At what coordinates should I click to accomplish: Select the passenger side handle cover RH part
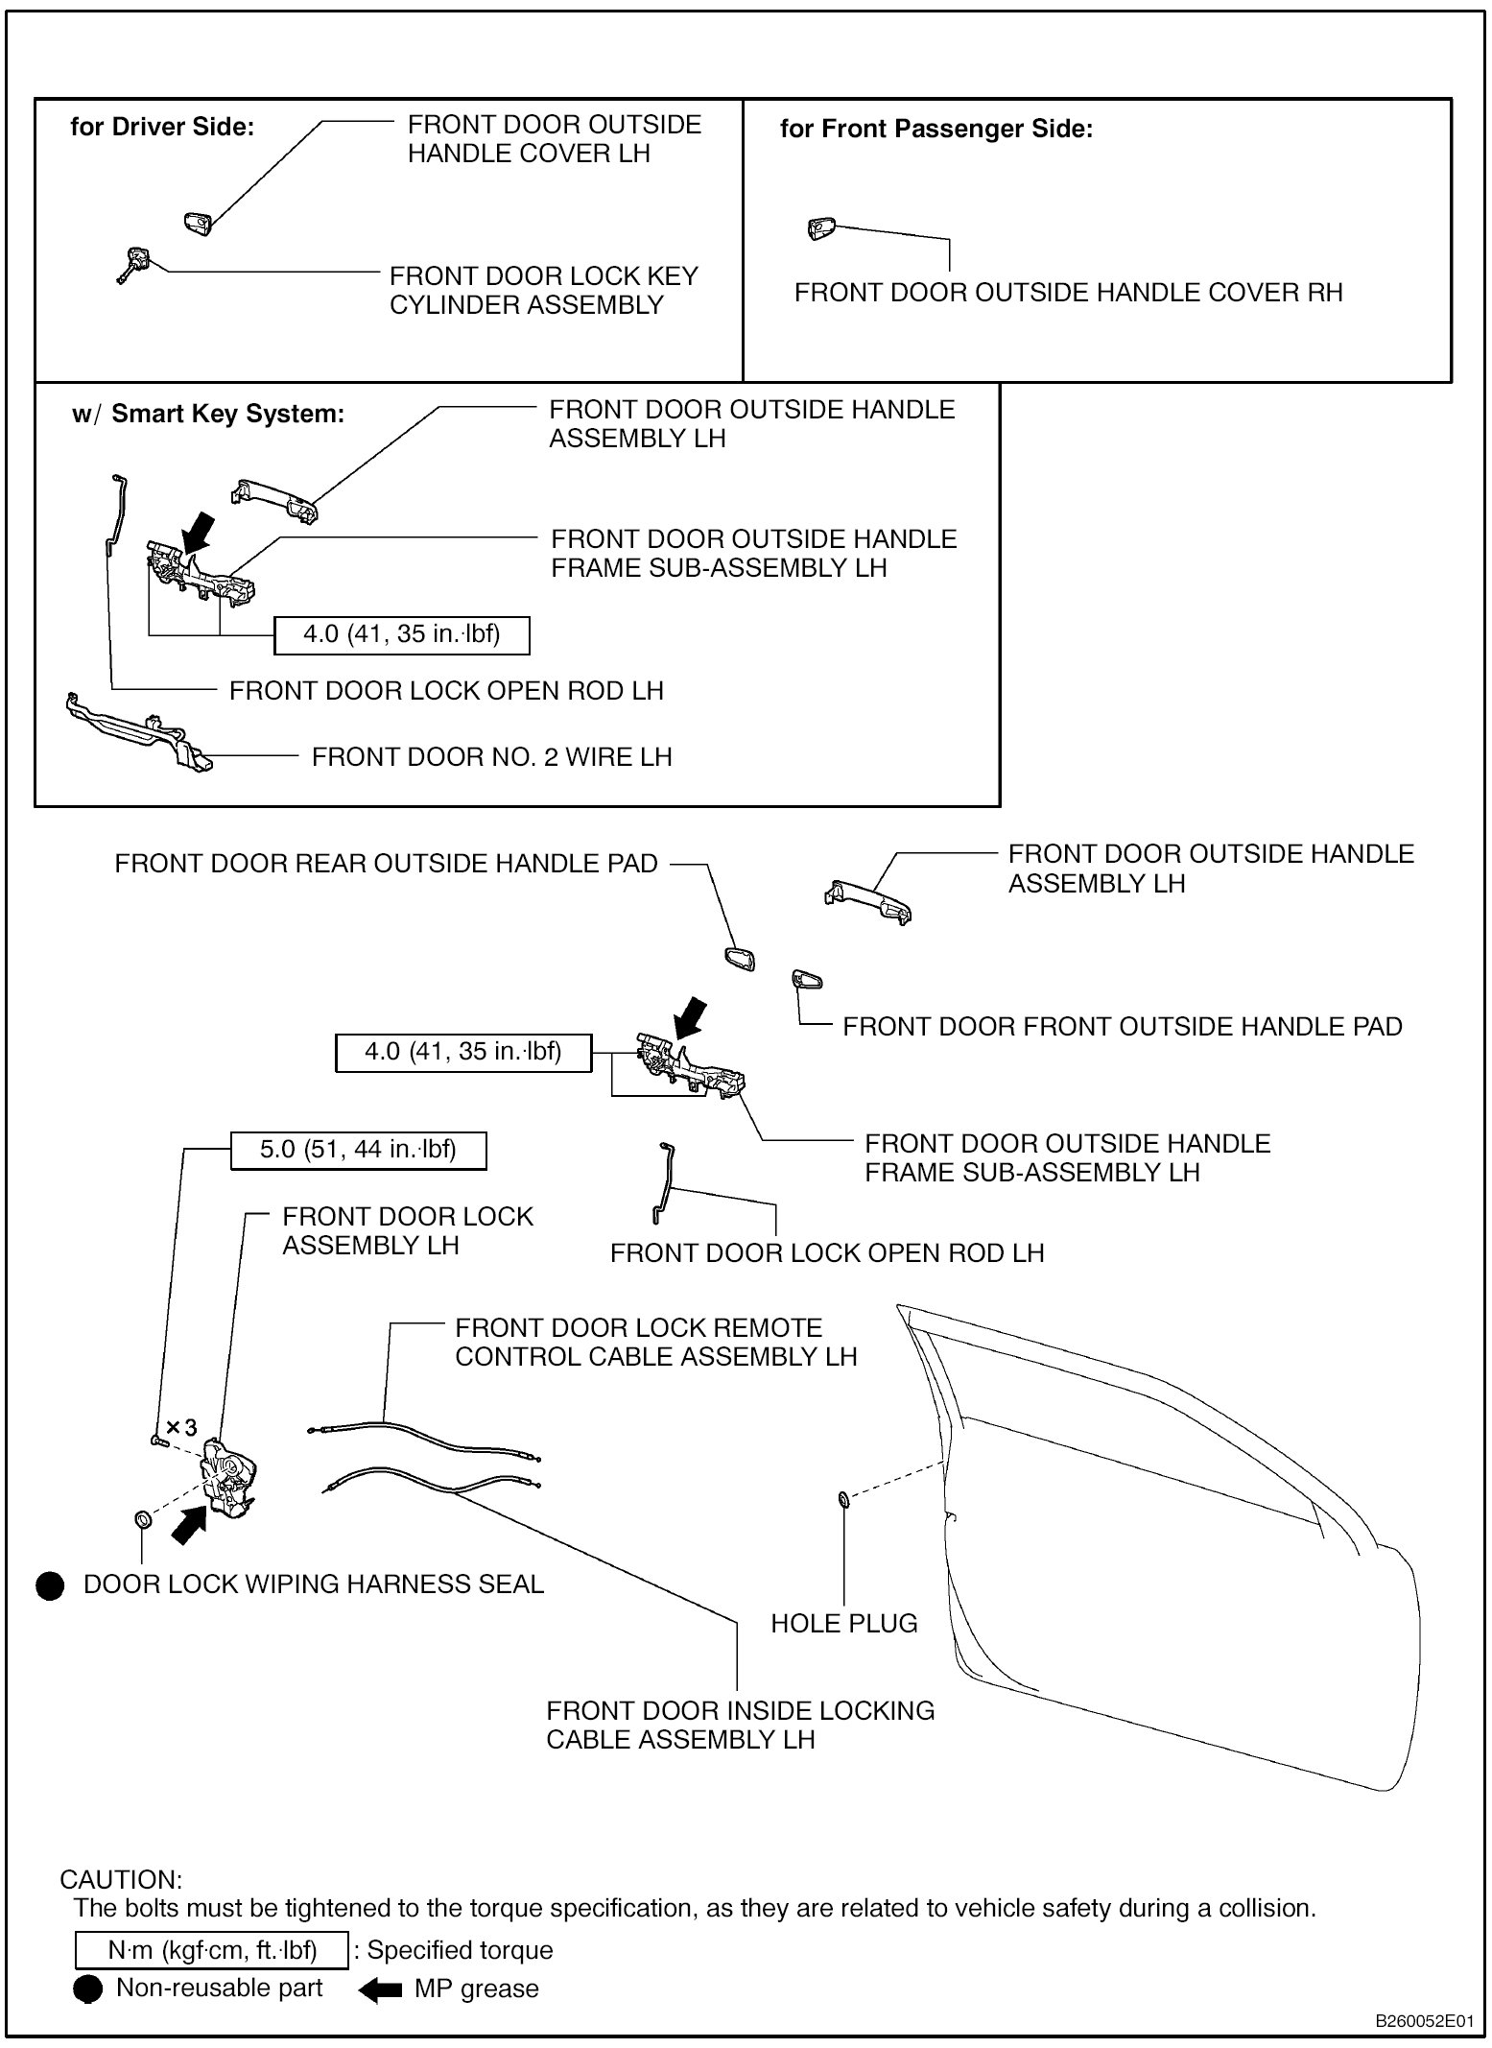tap(821, 227)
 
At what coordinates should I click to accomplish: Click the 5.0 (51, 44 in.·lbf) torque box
tap(358, 1150)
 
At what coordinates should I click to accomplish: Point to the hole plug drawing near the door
tap(842, 1498)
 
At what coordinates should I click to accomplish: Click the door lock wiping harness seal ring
tap(142, 1519)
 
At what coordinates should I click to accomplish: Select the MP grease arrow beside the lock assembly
tap(188, 1523)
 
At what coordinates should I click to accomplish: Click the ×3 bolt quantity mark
tap(181, 1427)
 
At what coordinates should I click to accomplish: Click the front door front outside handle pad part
tap(806, 980)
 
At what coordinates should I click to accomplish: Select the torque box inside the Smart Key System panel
tap(401, 634)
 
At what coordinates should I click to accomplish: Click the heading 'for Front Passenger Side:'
tap(935, 129)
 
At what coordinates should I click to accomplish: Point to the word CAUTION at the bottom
tap(121, 1879)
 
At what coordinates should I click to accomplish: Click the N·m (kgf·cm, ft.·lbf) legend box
tap(211, 1950)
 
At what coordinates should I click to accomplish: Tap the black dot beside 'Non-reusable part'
tap(88, 1989)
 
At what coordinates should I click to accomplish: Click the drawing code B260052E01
tap(1424, 2021)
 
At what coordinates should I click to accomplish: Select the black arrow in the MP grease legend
tap(381, 1990)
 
